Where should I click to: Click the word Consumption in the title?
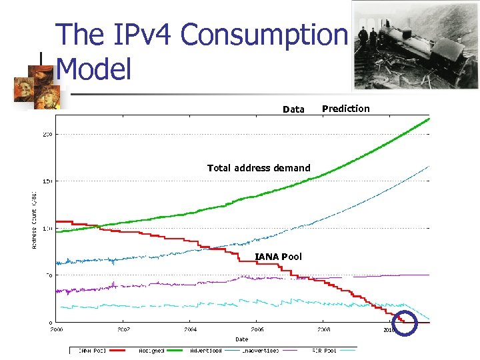[264, 35]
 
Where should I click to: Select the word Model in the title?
[94, 69]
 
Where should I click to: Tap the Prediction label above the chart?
[345, 109]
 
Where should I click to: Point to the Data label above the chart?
[293, 109]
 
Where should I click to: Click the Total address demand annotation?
[259, 168]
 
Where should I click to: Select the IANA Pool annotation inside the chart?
[278, 257]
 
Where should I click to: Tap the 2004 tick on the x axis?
[191, 329]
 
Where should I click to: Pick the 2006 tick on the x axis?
[257, 329]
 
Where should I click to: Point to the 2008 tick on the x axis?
[323, 329]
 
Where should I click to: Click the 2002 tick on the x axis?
[124, 329]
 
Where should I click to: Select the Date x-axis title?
[241, 339]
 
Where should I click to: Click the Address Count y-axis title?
[35, 218]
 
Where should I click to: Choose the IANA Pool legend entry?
[92, 349]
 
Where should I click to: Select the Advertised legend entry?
[207, 349]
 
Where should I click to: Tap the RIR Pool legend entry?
[325, 349]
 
